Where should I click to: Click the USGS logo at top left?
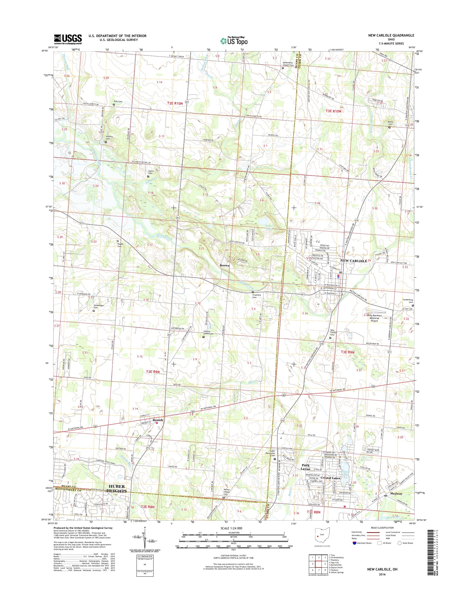[x=68, y=39]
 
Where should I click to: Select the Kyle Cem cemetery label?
[x=118, y=101]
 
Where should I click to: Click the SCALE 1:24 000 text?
[x=233, y=528]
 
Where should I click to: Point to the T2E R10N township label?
[x=175, y=103]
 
